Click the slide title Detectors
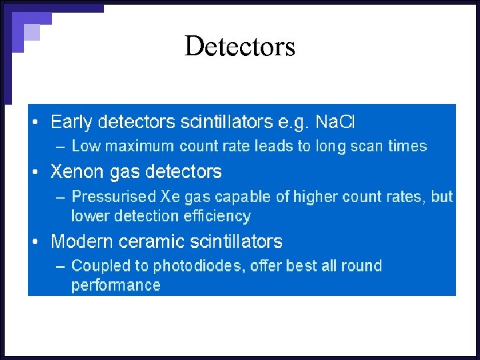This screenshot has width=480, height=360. click(239, 47)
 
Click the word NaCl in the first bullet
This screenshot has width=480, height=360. click(335, 122)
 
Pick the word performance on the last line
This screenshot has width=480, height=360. click(116, 285)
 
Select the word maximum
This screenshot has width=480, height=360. click(134, 147)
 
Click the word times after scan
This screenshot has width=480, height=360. click(407, 147)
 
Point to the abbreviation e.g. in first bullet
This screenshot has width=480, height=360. click(294, 123)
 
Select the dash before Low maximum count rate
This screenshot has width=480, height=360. click(60, 147)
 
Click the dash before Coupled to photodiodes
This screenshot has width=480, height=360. click(60, 266)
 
